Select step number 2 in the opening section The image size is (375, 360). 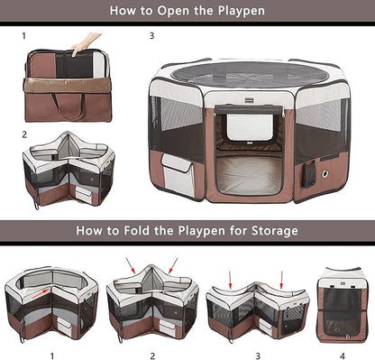pos(24,134)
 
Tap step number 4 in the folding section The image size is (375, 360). pos(341,354)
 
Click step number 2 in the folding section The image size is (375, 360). pos(151,354)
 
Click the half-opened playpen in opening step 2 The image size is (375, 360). pos(69,171)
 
